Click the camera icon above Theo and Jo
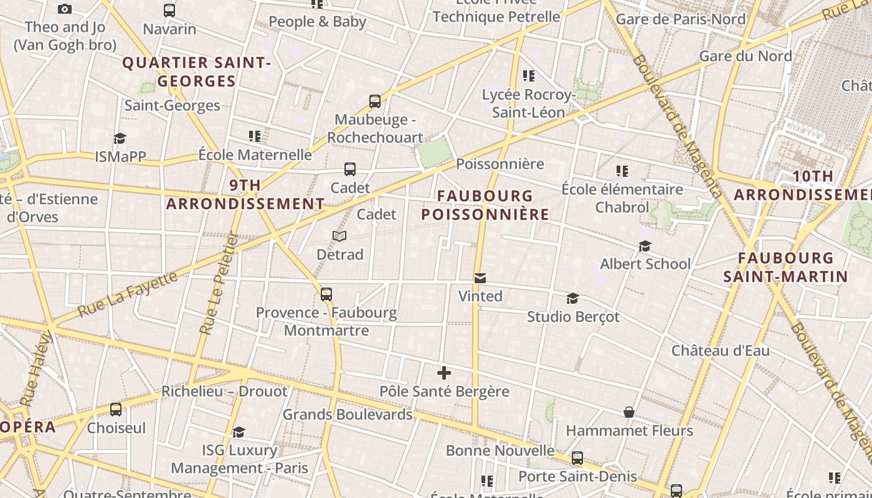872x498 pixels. (64, 9)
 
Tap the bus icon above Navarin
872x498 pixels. (169, 11)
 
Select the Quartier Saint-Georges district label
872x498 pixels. (196, 72)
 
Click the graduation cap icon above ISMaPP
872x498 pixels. (120, 138)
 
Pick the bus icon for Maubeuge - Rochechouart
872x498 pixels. (375, 101)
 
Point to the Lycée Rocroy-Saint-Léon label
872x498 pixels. (528, 103)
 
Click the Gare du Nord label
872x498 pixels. (746, 56)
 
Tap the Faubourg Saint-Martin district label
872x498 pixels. (785, 267)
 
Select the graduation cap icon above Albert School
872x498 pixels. (645, 247)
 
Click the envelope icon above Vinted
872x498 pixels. (480, 278)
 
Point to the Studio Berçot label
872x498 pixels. (573, 317)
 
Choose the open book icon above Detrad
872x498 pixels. (339, 237)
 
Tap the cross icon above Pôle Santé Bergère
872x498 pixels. (444, 373)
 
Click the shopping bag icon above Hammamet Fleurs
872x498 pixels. (629, 413)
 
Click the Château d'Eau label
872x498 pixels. (720, 350)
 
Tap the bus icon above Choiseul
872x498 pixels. (116, 410)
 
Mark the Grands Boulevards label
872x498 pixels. (348, 415)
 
